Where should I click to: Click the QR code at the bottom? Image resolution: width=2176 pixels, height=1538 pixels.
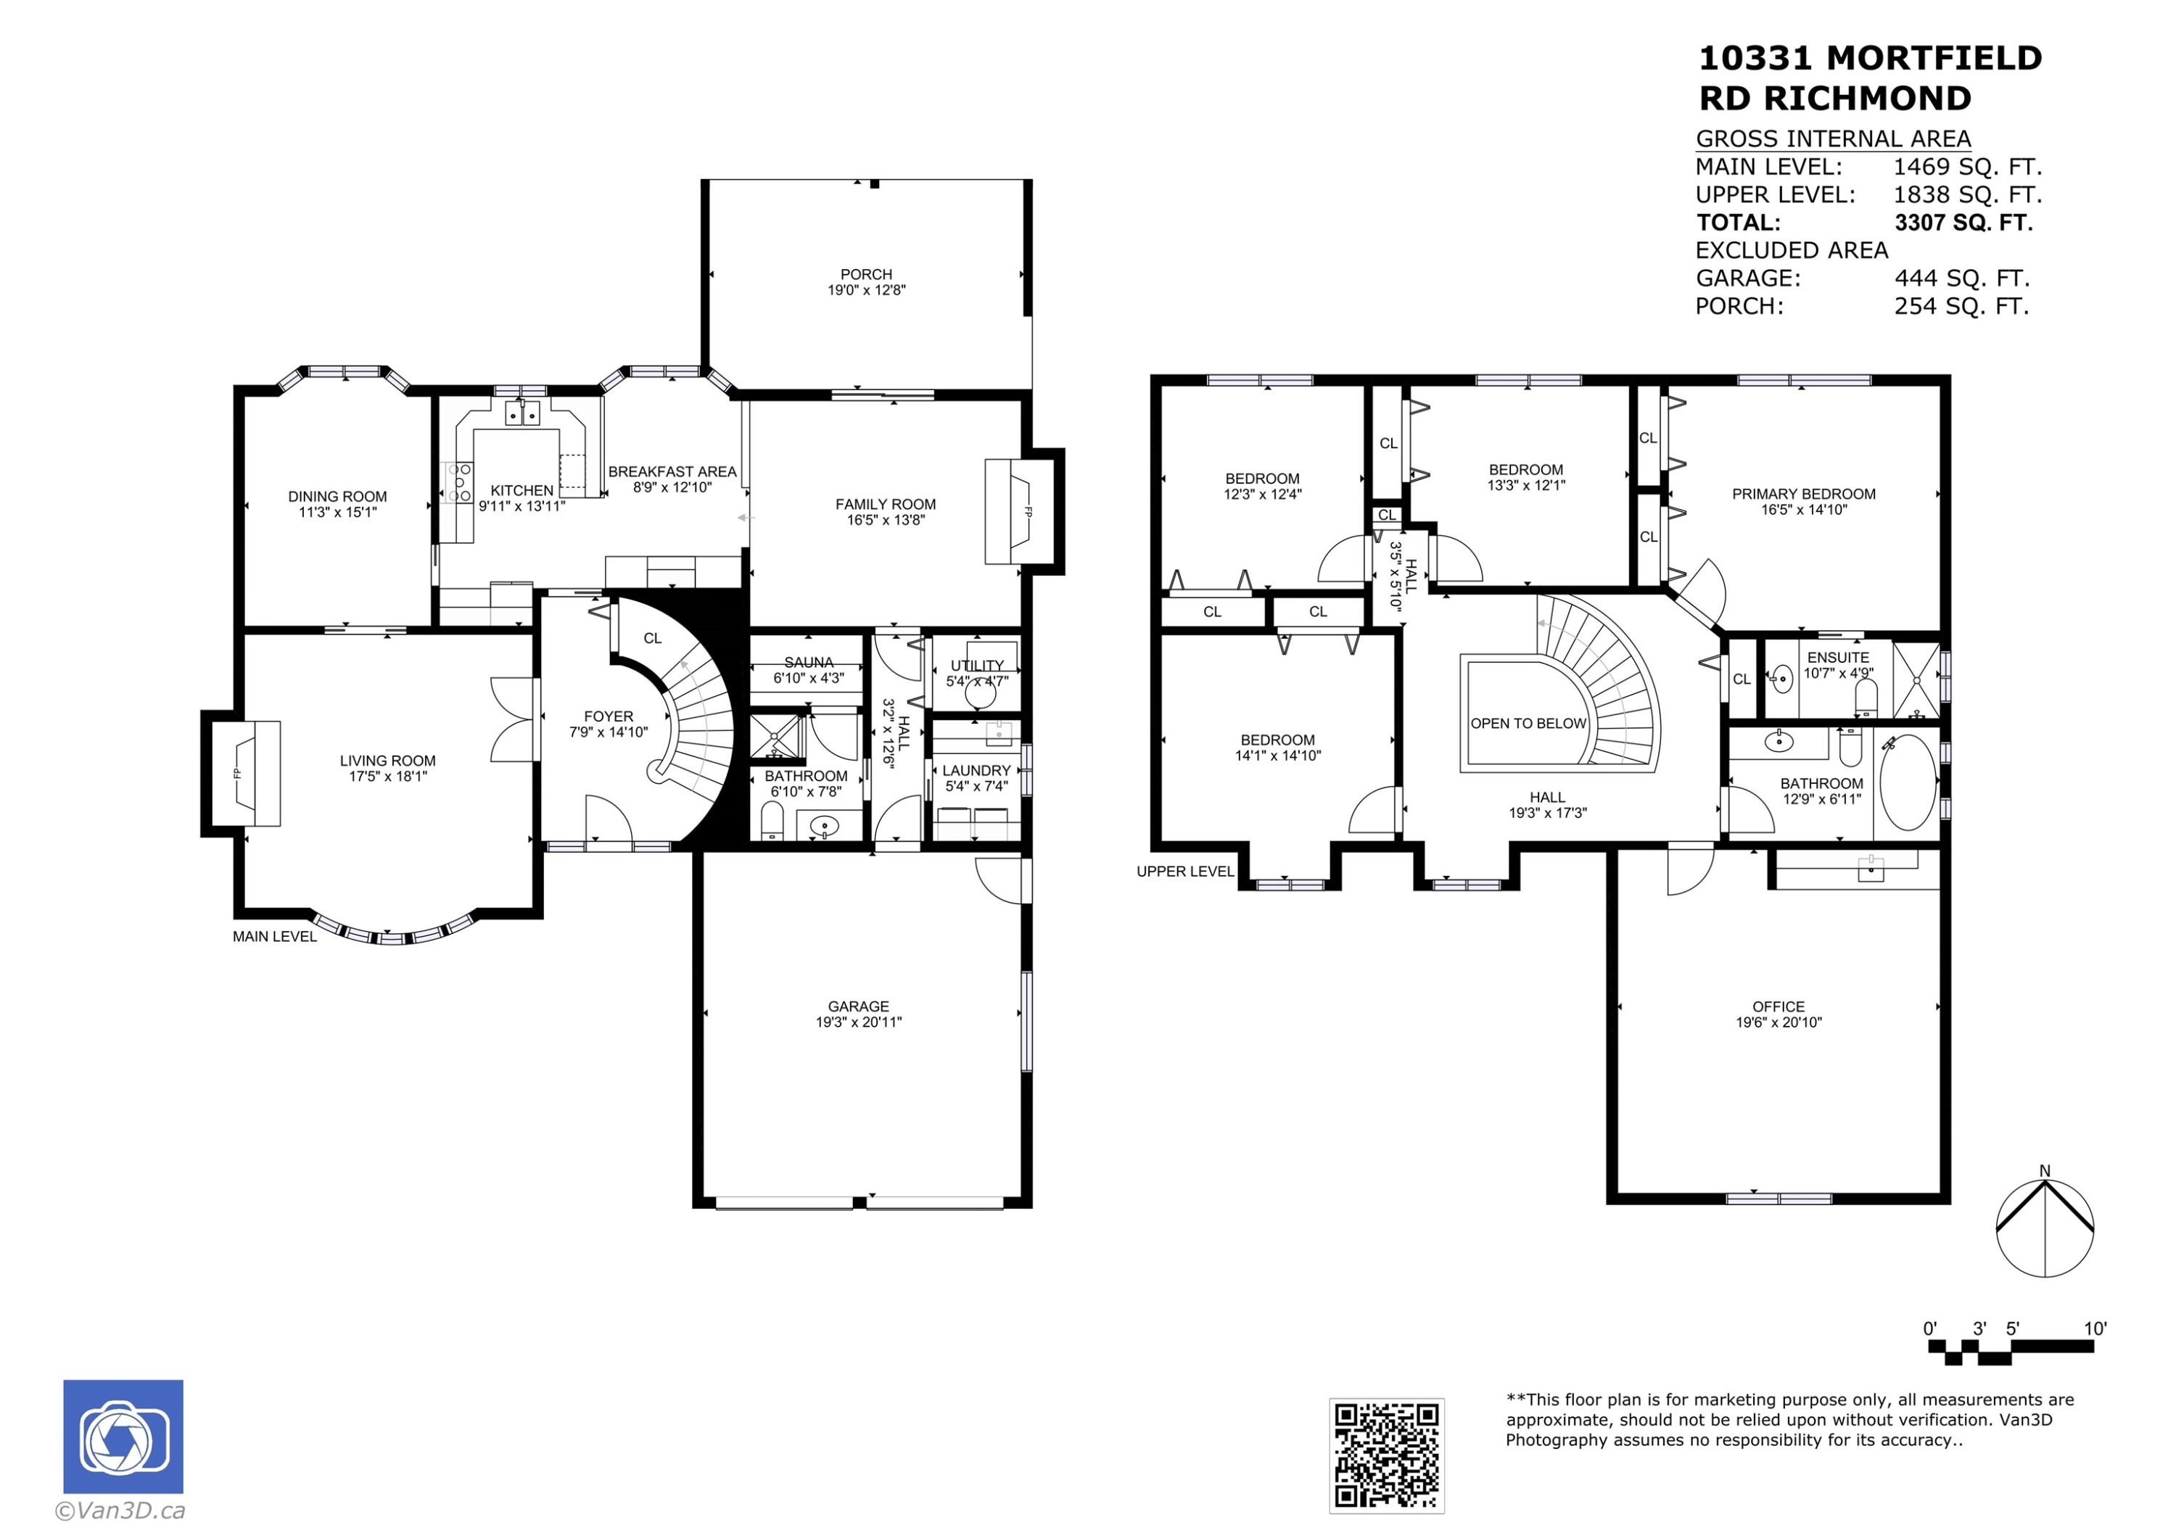(x=1387, y=1455)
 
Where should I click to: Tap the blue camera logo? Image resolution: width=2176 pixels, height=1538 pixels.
(x=123, y=1436)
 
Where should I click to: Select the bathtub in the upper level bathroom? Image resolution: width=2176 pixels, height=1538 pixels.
(x=1907, y=782)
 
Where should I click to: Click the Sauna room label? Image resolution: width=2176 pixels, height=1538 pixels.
(x=809, y=662)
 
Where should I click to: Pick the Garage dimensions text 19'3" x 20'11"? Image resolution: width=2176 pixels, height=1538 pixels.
(x=859, y=1022)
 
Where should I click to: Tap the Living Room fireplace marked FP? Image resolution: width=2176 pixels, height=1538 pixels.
(x=245, y=773)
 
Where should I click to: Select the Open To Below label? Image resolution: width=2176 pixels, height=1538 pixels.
(x=1528, y=724)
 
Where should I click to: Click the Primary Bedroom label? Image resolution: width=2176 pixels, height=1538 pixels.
(x=1803, y=494)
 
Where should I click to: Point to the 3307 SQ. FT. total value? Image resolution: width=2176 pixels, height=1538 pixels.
(x=1963, y=223)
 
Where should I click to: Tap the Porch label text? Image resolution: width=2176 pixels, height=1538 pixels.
(x=866, y=275)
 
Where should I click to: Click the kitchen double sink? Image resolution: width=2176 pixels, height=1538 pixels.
(x=522, y=413)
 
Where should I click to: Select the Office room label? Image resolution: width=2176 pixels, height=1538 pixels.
(x=1778, y=1007)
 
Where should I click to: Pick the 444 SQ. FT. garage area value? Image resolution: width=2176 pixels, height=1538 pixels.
(x=1962, y=278)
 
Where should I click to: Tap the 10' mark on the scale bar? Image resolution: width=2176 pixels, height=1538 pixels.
(x=2095, y=1328)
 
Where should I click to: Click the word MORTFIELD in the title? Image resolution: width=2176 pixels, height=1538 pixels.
(x=1934, y=59)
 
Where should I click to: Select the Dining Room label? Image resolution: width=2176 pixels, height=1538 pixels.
(x=337, y=497)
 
